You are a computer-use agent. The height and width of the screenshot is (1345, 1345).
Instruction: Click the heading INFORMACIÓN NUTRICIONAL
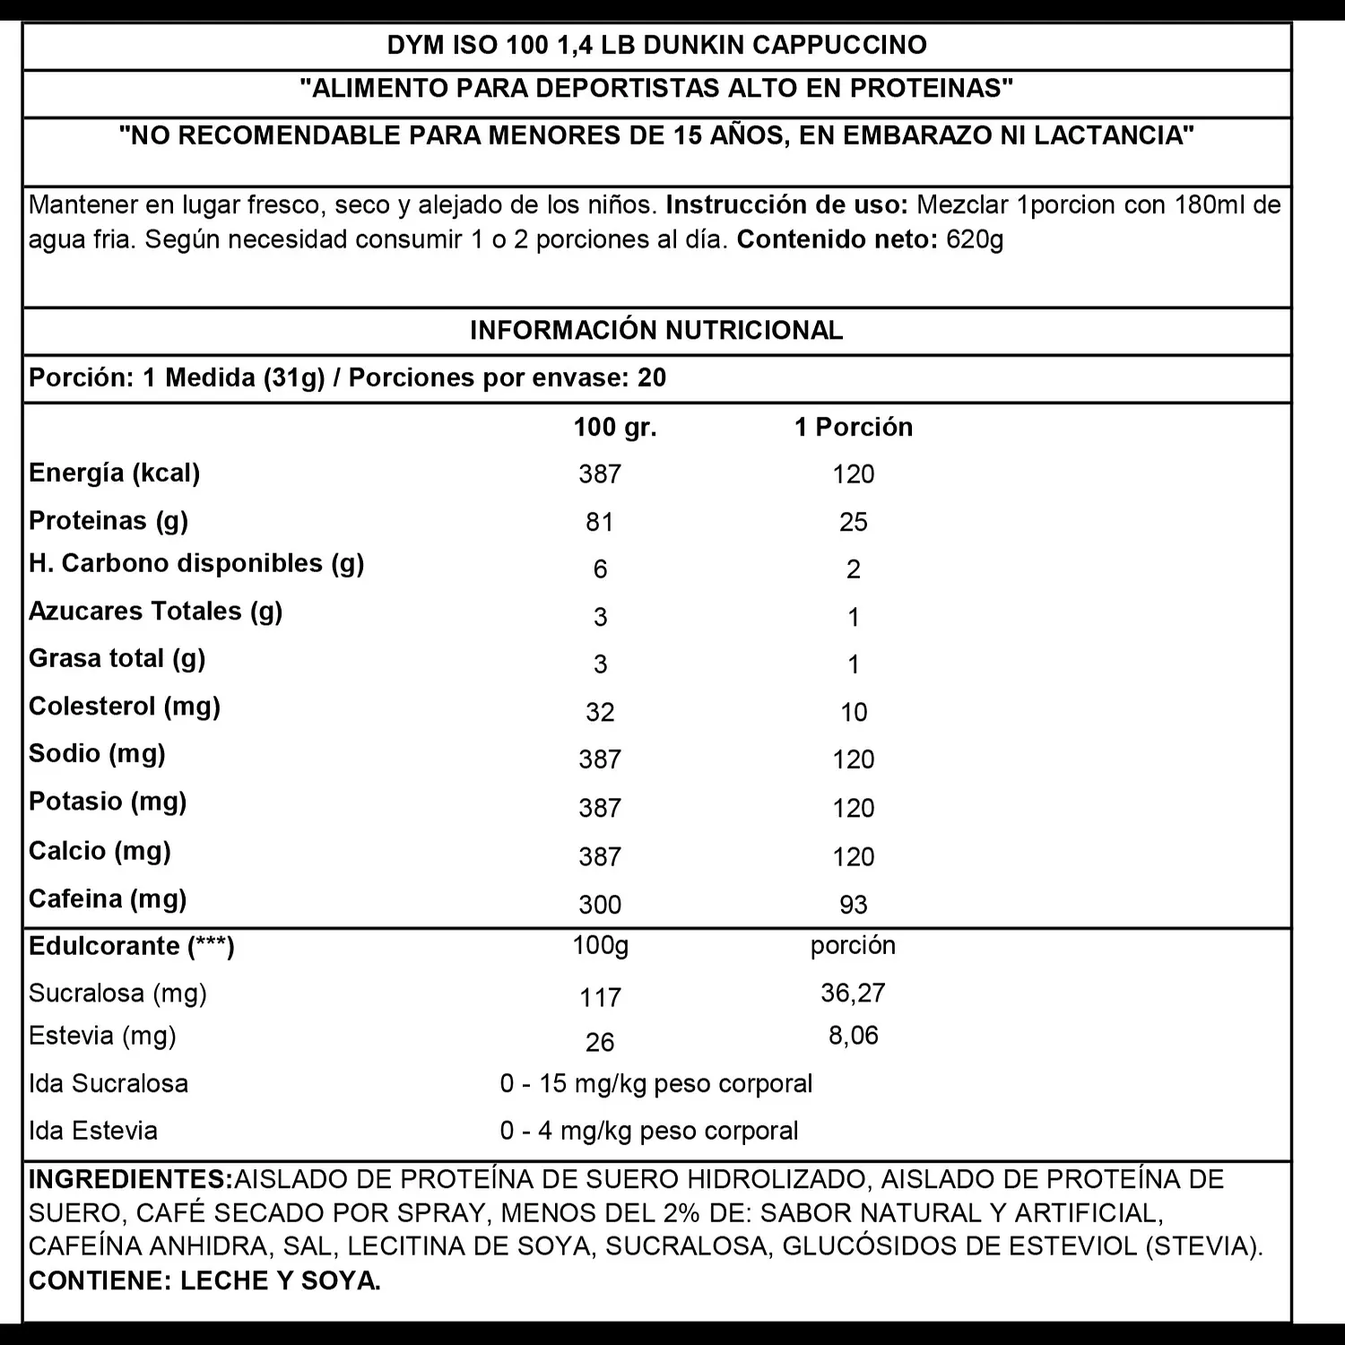[656, 330]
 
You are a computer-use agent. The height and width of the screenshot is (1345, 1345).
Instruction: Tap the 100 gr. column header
[615, 427]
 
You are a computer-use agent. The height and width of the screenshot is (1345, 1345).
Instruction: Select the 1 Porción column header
[853, 427]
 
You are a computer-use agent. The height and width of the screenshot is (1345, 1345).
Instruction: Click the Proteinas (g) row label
[108, 521]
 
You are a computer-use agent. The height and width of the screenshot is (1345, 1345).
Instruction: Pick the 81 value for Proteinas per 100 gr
[599, 522]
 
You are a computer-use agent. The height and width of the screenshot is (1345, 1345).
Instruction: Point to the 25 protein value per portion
[853, 522]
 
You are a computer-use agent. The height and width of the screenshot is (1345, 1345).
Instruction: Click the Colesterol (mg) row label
[125, 707]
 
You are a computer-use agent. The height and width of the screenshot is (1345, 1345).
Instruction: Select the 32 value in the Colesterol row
[599, 712]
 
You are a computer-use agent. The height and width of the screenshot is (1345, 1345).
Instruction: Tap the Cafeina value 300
[599, 904]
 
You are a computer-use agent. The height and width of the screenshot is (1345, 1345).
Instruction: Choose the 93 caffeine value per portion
[853, 904]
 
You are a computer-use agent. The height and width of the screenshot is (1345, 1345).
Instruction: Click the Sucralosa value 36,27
[853, 993]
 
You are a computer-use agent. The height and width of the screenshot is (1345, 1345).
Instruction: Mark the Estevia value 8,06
[853, 1036]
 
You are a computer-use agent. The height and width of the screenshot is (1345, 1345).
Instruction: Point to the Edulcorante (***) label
[132, 947]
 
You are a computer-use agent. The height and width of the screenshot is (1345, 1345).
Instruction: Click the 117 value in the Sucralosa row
[599, 997]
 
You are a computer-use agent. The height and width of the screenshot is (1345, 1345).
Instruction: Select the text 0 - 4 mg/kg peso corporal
[649, 1131]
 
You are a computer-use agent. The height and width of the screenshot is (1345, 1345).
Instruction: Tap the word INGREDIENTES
[130, 1179]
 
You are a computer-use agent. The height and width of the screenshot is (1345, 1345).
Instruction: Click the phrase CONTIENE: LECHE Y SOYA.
[204, 1280]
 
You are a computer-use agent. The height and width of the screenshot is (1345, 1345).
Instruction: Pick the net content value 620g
[975, 239]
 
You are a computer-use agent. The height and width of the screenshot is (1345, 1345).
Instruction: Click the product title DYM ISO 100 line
[656, 45]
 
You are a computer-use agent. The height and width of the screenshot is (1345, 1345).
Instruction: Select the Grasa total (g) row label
[117, 659]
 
